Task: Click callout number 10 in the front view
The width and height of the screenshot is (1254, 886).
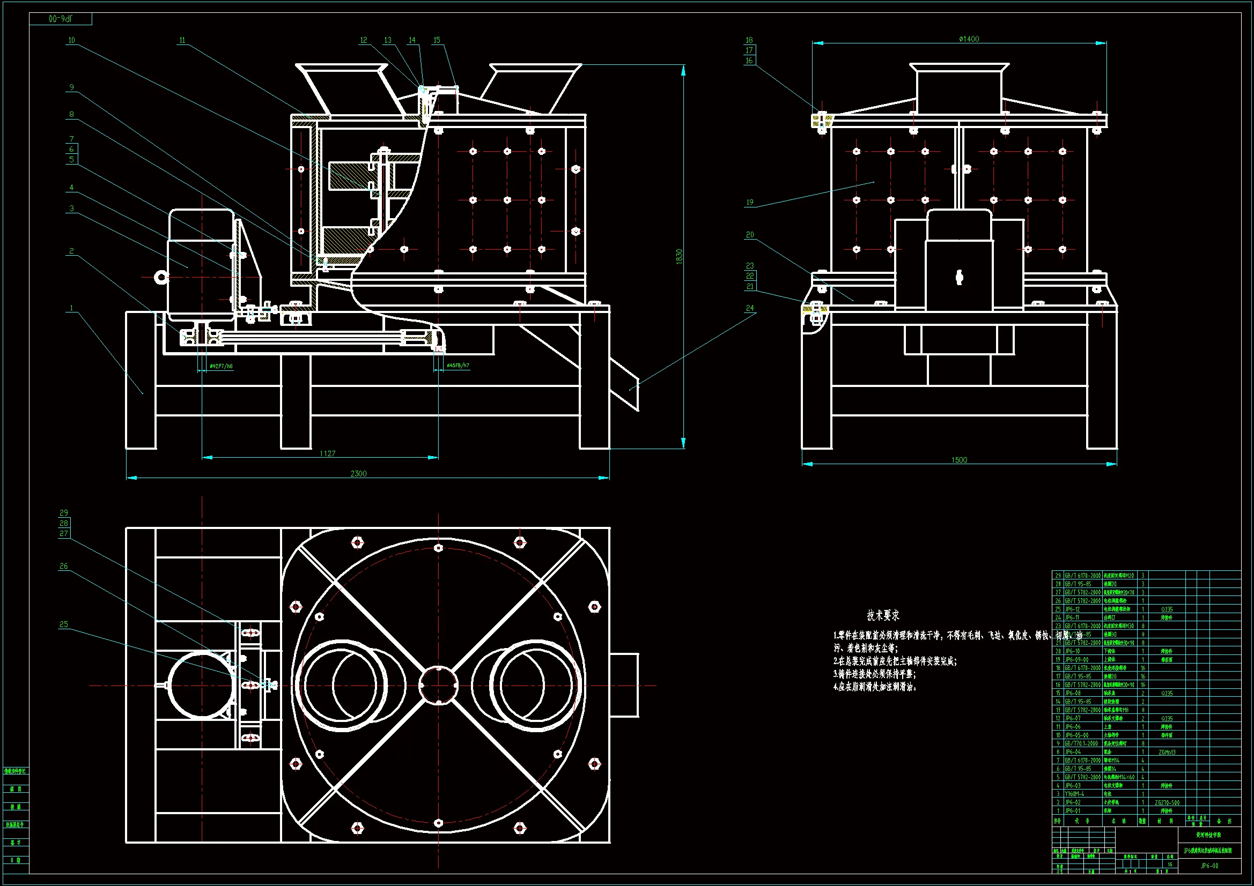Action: click(71, 40)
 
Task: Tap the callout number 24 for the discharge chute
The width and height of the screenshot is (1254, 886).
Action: click(750, 308)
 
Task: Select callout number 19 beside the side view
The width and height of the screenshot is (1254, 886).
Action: click(750, 202)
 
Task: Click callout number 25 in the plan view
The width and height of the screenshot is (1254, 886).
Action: click(64, 624)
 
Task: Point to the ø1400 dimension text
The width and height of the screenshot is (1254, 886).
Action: click(969, 39)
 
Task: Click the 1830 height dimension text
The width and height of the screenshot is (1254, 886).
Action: click(679, 257)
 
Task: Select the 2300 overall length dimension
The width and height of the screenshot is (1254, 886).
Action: click(358, 473)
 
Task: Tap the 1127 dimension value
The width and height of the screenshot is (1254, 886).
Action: click(328, 453)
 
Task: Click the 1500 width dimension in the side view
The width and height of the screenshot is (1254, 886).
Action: click(959, 460)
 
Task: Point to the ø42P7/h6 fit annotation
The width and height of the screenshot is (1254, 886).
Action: click(221, 366)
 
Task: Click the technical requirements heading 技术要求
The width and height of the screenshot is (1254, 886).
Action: click(883, 615)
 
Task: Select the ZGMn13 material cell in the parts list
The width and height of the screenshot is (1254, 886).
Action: click(1167, 752)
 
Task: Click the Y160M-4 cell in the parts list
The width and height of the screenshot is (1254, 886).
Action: click(1074, 794)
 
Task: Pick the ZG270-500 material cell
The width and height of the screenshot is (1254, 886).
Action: click(1167, 802)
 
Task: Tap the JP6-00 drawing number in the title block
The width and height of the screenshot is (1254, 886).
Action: click(1209, 865)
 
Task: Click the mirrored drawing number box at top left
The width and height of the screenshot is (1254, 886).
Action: click(61, 19)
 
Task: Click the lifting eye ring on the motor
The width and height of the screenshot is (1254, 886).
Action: click(160, 277)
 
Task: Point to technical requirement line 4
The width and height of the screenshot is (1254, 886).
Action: click(875, 687)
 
